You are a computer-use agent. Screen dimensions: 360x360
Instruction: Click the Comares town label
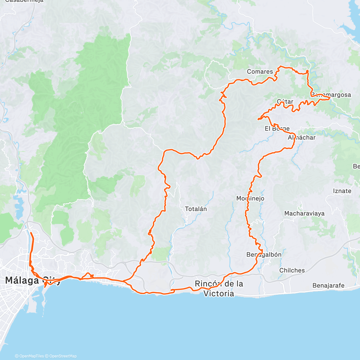[260, 71]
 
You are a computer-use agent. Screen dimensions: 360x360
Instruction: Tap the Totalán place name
[196, 209]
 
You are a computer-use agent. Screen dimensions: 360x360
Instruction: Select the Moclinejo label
[250, 198]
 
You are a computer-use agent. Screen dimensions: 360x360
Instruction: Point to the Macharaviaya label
[304, 214]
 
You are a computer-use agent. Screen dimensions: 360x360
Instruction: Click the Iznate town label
[342, 191]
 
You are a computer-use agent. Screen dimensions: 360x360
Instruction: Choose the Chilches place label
[292, 270]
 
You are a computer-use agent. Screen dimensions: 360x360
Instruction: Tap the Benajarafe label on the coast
[328, 285]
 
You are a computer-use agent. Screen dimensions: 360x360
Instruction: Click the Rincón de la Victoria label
[219, 288]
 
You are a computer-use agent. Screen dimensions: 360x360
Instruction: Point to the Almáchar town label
[301, 138]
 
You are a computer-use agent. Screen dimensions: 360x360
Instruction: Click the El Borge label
[277, 129]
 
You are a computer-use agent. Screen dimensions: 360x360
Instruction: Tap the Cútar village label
[285, 101]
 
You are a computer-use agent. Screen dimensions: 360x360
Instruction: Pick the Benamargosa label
[331, 95]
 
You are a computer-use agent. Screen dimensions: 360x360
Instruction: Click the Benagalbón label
[264, 255]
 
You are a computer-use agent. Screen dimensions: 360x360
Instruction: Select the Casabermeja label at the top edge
[24, 1]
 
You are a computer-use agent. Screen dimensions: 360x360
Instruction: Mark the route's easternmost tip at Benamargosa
[330, 98]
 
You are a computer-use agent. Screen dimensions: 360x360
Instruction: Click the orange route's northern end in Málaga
[31, 232]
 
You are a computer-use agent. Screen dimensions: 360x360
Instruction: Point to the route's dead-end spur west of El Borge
[258, 120]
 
